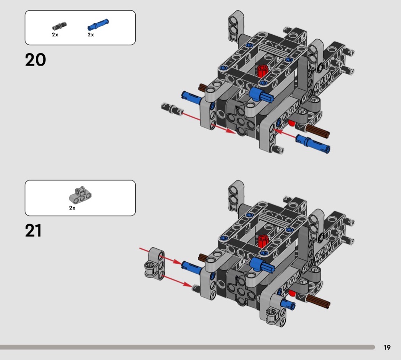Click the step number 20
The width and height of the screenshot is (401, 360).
[35, 60]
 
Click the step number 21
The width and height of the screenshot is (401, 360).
[33, 230]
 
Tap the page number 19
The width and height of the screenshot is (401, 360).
[387, 347]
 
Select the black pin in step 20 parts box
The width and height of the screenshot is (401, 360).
[60, 26]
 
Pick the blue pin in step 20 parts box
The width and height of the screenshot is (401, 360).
[98, 24]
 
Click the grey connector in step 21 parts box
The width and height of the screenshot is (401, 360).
[80, 195]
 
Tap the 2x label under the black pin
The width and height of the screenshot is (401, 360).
[55, 34]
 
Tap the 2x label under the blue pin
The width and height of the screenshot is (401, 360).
[91, 34]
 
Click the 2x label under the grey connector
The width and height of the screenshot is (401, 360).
[72, 208]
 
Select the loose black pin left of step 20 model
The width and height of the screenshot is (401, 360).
[172, 108]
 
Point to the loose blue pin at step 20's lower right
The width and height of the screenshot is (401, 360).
[313, 144]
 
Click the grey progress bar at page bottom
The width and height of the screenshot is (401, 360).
[187, 347]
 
